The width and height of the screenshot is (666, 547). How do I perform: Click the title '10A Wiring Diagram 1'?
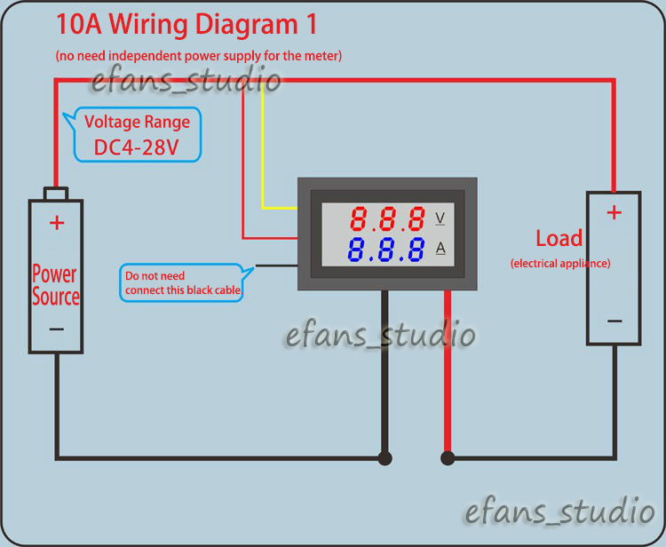[186, 24]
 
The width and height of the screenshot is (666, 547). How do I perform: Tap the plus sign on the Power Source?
[57, 222]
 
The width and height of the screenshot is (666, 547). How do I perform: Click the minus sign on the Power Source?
[57, 329]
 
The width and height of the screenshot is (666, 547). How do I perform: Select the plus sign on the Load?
[614, 212]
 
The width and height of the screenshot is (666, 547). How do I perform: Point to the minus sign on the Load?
[614, 321]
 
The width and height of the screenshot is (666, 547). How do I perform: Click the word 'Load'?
[559, 238]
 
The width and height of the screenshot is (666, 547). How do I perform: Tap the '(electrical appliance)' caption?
[560, 264]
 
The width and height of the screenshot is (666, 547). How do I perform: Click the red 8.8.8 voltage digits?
[387, 218]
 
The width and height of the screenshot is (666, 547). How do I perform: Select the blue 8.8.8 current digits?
[387, 250]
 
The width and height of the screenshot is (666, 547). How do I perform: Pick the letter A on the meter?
[440, 248]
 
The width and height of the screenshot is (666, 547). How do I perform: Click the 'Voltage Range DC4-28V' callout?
[137, 135]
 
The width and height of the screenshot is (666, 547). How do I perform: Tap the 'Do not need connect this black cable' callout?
[181, 282]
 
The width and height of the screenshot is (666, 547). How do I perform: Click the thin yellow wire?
[263, 160]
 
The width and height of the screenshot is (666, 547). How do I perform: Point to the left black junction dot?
[385, 458]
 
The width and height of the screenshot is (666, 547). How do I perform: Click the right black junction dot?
[448, 458]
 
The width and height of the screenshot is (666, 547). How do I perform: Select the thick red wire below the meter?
[448, 373]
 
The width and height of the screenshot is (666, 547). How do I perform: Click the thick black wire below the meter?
[385, 373]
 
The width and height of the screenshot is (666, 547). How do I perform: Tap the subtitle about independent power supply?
[199, 56]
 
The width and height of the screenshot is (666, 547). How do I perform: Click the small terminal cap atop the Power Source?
[57, 194]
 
